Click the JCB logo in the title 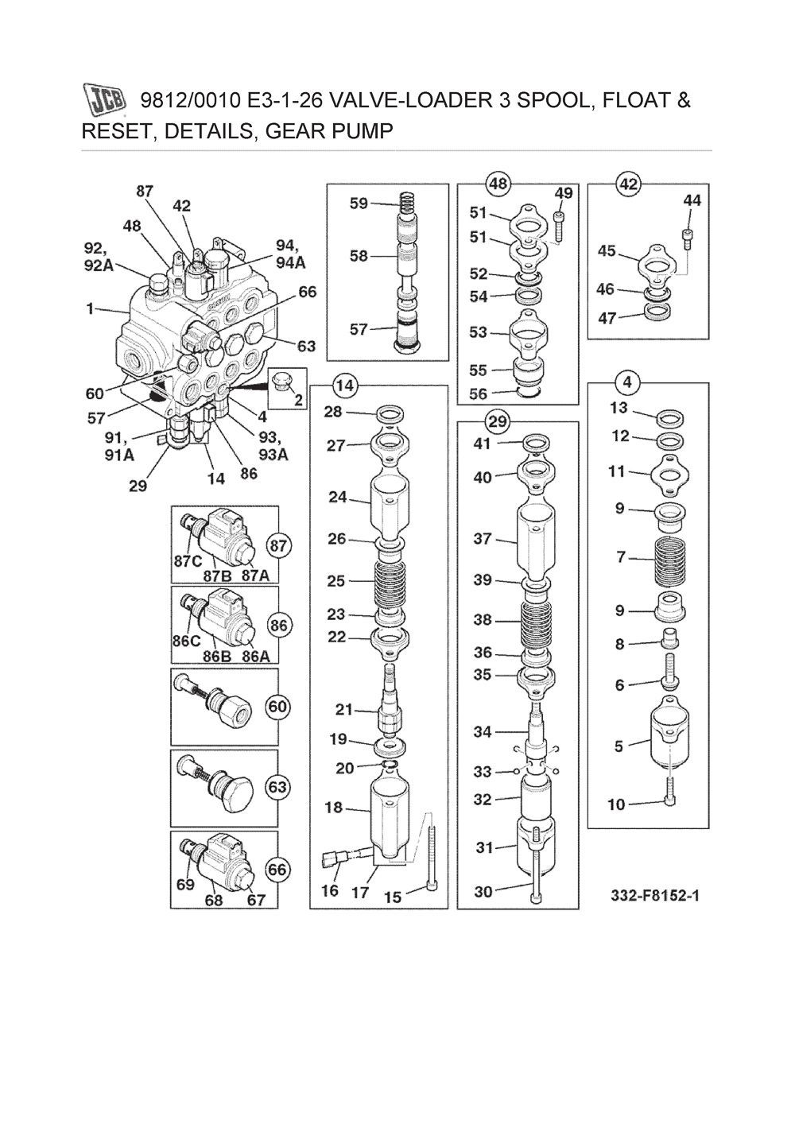(104, 100)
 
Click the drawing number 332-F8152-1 (655, 896)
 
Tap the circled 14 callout (343, 386)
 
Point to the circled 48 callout (498, 184)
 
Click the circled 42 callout (628, 184)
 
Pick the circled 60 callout (278, 707)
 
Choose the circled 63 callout (277, 788)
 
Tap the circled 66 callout (277, 870)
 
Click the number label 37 (483, 539)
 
